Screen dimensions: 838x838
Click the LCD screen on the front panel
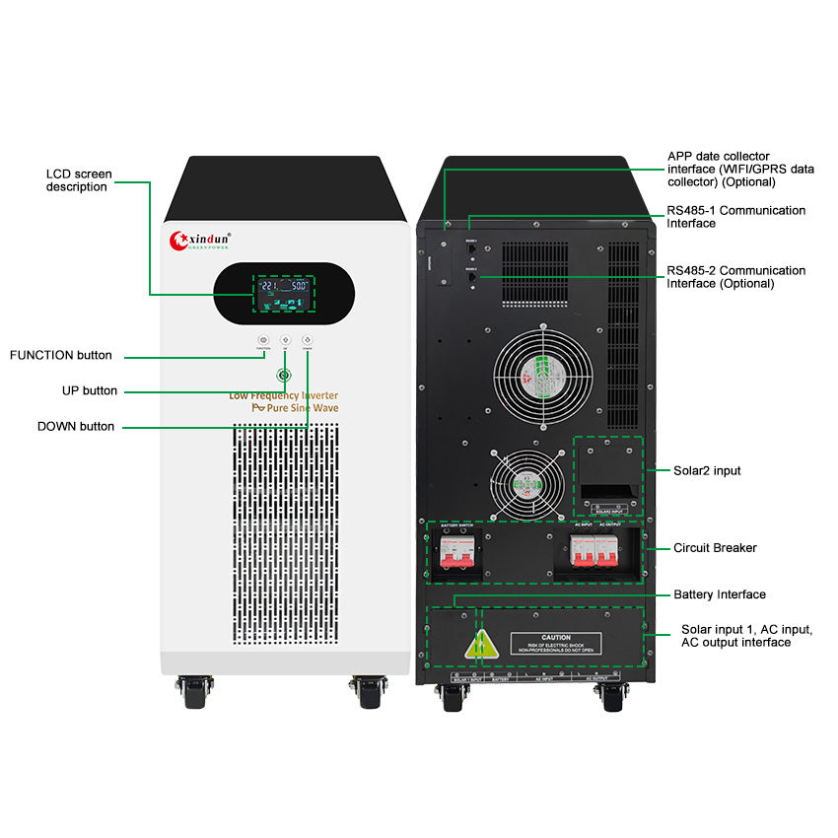point(283,294)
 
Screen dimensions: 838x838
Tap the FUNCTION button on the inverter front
point(263,340)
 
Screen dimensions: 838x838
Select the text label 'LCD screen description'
point(79,180)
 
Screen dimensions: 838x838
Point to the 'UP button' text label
point(90,390)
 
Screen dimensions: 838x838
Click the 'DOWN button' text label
point(76,427)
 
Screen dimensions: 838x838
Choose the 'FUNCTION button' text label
point(61,355)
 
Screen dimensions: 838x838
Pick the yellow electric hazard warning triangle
point(479,646)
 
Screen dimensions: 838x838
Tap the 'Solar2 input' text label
point(707,471)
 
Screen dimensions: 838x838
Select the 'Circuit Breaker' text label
point(715,547)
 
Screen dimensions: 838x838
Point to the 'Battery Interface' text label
point(720,594)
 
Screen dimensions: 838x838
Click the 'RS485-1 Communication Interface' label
point(735,217)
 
